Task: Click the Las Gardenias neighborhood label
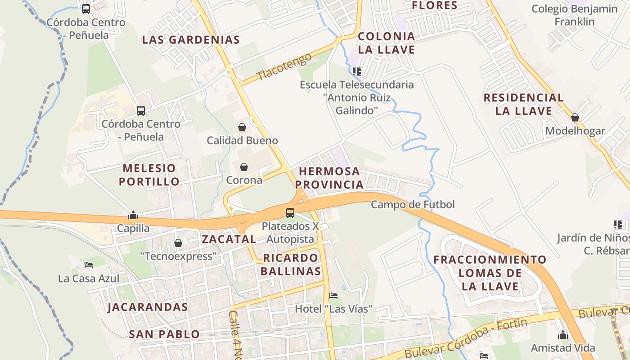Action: (x=191, y=40)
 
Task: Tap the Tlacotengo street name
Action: (x=284, y=67)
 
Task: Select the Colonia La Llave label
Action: (x=387, y=43)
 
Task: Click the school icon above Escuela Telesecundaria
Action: (x=357, y=71)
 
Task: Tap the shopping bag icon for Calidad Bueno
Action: (x=242, y=127)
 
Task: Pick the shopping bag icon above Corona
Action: (x=244, y=167)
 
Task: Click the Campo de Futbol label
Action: (x=413, y=205)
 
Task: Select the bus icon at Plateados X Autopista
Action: (x=290, y=212)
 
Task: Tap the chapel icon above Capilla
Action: (x=133, y=215)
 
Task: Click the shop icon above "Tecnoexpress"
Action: (x=178, y=243)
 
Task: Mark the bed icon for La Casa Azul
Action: (x=89, y=265)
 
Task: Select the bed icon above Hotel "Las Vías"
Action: (x=333, y=296)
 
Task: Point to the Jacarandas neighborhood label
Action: (x=148, y=307)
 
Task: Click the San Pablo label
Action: (x=164, y=334)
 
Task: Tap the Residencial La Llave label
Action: (x=524, y=104)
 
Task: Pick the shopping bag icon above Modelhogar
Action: (x=575, y=118)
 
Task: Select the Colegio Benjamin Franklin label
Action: (x=574, y=15)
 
